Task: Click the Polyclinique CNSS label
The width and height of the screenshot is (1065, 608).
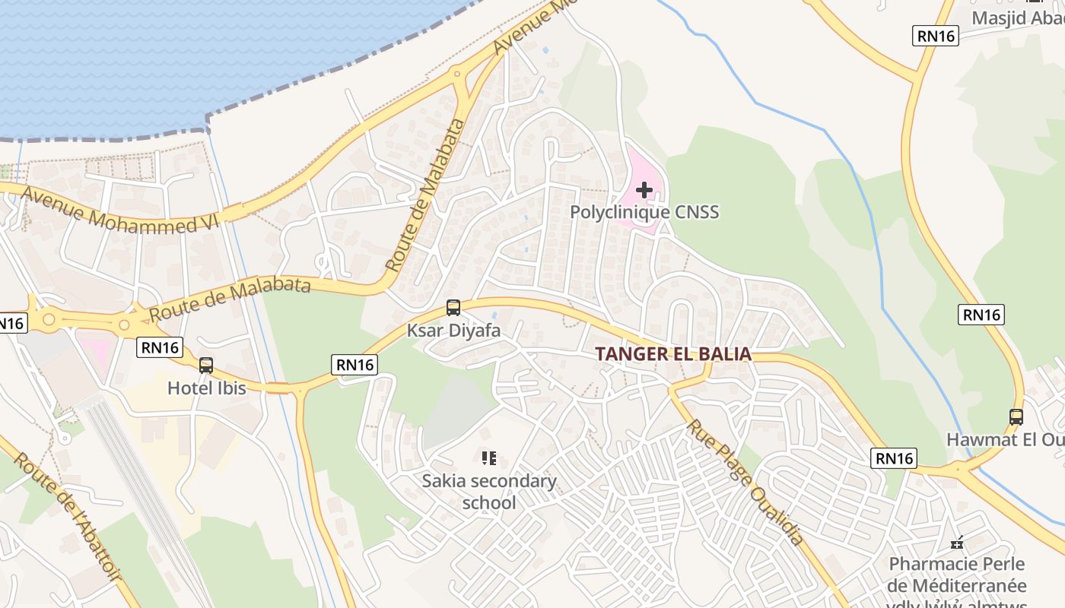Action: [x=644, y=212]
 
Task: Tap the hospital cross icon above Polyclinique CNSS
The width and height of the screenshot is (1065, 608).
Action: [x=644, y=189]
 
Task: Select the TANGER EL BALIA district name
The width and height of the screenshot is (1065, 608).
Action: [x=673, y=354]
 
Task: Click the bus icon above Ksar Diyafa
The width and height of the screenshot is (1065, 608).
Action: [x=453, y=308]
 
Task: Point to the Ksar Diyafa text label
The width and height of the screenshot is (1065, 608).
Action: [x=453, y=331]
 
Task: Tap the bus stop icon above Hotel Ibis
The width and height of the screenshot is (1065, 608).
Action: [x=206, y=366]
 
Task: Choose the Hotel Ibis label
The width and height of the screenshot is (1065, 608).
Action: [x=207, y=388]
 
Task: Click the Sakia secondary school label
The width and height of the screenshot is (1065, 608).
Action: [x=489, y=492]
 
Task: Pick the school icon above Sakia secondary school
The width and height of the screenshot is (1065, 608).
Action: [x=489, y=458]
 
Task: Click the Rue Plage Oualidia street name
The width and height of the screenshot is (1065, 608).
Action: [x=746, y=482]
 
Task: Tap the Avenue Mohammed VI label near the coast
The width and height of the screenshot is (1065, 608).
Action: [x=119, y=209]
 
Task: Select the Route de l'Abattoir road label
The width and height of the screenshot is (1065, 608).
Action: [x=68, y=517]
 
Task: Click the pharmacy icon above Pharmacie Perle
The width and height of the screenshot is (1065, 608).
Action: [x=958, y=543]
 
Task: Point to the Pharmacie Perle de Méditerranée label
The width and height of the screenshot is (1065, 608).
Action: [x=958, y=575]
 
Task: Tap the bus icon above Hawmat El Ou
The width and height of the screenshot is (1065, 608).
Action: [x=1016, y=416]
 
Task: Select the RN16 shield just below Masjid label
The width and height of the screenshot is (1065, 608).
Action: [x=936, y=35]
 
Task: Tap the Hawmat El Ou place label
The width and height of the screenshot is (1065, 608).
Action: [x=1005, y=439]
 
